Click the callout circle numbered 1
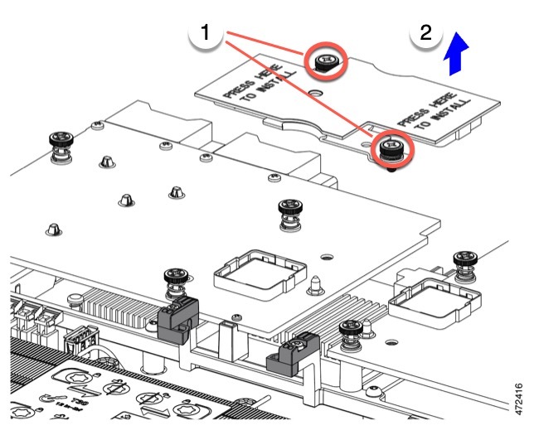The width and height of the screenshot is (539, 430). pyautogui.click(x=205, y=35)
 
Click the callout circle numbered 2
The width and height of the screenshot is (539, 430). pyautogui.click(x=426, y=35)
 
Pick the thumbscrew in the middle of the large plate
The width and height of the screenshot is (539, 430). pyautogui.click(x=290, y=213)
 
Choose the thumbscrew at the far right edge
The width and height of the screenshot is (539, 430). pyautogui.click(x=465, y=266)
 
